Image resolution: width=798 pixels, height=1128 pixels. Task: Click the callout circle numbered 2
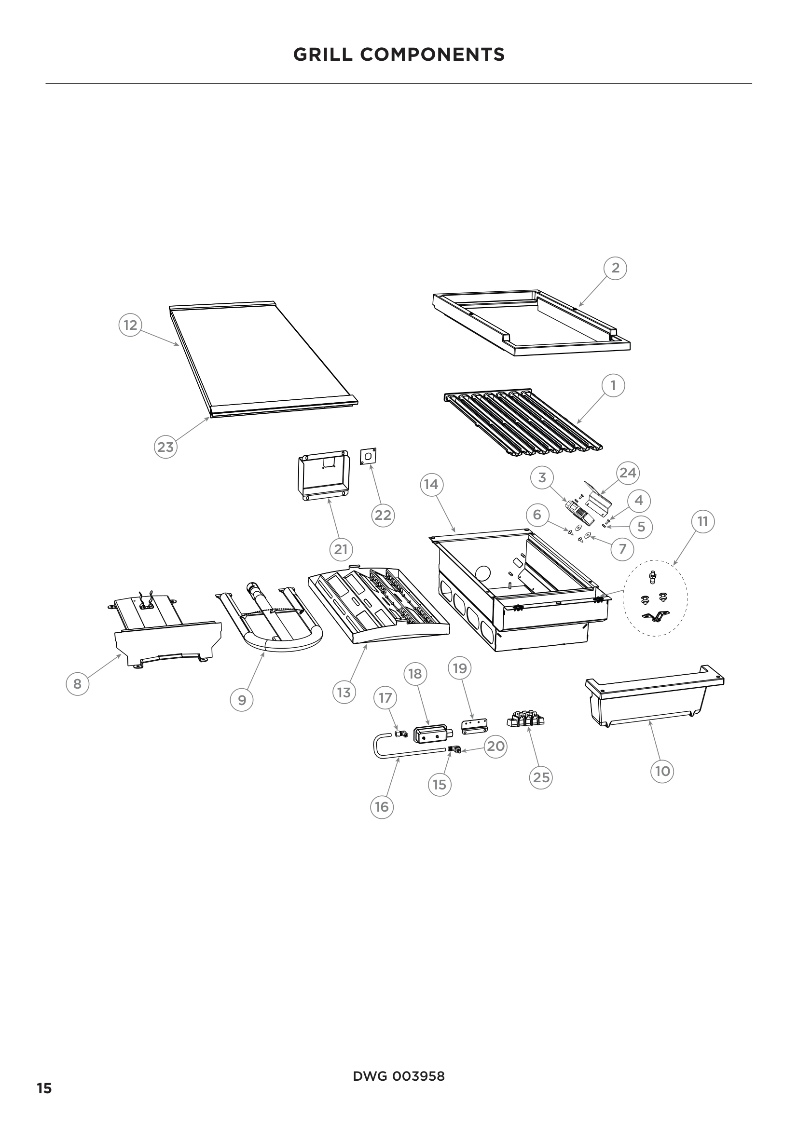point(615,268)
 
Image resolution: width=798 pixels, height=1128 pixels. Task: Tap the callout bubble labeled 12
point(130,325)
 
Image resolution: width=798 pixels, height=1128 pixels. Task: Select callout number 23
point(165,447)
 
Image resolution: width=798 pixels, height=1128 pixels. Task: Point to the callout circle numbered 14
point(431,484)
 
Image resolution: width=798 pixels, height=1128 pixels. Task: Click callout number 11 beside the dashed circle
point(702,521)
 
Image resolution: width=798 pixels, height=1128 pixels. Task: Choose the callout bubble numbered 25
point(541,777)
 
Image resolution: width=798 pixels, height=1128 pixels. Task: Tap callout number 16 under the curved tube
point(382,807)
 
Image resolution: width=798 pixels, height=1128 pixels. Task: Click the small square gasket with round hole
point(369,456)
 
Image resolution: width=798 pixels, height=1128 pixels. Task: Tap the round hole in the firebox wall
point(483,573)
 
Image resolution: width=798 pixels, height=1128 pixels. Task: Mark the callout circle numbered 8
point(78,684)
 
